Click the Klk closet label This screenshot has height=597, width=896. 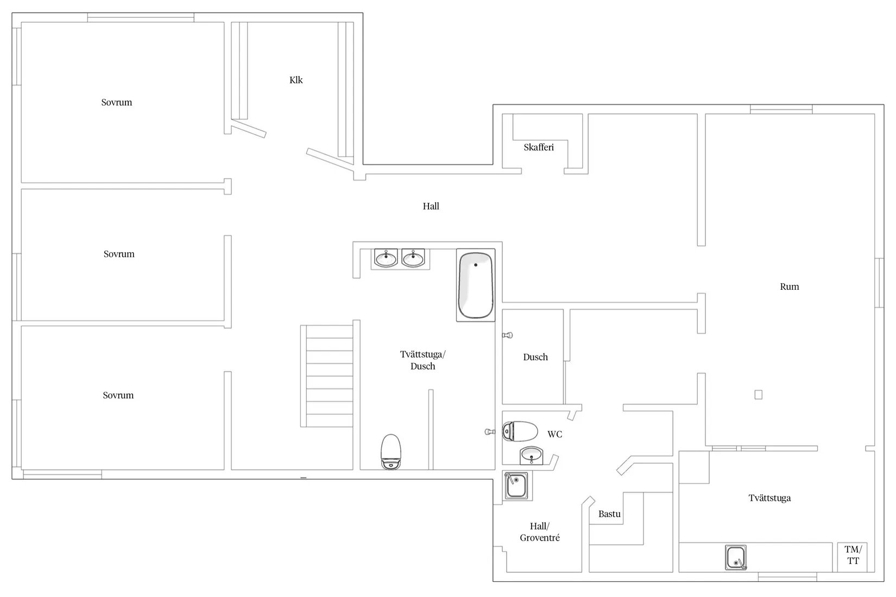(296, 80)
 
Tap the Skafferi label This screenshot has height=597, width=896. (539, 147)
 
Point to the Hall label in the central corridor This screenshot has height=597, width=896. (431, 206)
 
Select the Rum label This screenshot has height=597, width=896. (789, 287)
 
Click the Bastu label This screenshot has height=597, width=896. (609, 514)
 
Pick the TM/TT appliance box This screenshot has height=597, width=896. (853, 557)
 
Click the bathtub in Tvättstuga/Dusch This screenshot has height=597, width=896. (476, 285)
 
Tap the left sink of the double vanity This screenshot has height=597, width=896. (386, 258)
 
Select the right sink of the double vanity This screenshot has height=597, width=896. (413, 258)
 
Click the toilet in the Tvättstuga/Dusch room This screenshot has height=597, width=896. (391, 452)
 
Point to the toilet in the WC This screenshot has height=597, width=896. (520, 431)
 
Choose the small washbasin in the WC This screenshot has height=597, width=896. (531, 455)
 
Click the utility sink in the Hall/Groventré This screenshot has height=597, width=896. (516, 485)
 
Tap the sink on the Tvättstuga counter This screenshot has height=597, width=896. (736, 557)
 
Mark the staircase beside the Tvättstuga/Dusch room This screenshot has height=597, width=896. (327, 376)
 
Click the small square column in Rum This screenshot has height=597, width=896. (759, 395)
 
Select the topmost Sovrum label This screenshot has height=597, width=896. (116, 103)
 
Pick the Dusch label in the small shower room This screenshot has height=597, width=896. (535, 357)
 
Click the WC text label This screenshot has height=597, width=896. (555, 434)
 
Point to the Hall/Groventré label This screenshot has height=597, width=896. (540, 532)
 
